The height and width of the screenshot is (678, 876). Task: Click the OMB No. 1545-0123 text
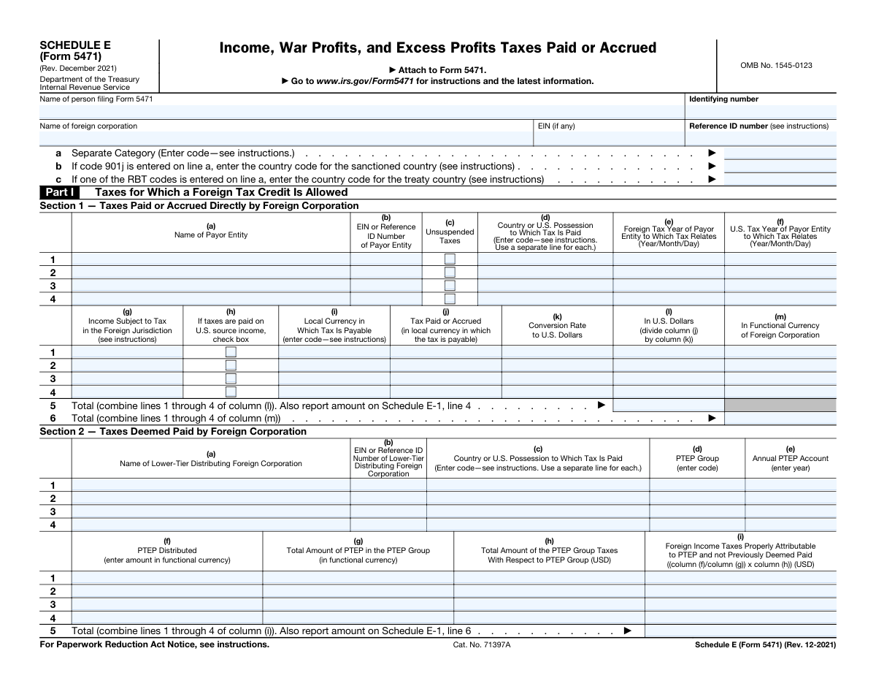[x=776, y=66]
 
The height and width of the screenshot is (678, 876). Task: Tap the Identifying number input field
[x=761, y=111]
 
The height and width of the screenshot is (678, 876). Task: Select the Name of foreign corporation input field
[x=285, y=139]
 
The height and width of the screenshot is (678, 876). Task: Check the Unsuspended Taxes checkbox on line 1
[x=450, y=259]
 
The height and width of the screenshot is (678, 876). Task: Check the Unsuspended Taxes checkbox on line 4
[x=450, y=299]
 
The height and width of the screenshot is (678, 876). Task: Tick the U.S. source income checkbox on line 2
[x=231, y=365]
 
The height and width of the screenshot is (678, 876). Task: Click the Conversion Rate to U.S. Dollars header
[x=557, y=326]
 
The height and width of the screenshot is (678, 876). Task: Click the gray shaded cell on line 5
[x=780, y=405]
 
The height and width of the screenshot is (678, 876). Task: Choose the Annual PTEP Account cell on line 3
[x=791, y=511]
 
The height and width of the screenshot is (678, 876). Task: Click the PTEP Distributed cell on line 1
[x=166, y=578]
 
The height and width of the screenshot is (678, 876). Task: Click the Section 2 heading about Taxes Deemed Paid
[x=173, y=431]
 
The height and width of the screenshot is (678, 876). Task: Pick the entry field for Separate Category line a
[x=780, y=153]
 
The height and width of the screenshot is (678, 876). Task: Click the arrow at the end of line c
[x=712, y=179]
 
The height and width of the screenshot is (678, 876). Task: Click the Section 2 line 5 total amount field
[x=740, y=631]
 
